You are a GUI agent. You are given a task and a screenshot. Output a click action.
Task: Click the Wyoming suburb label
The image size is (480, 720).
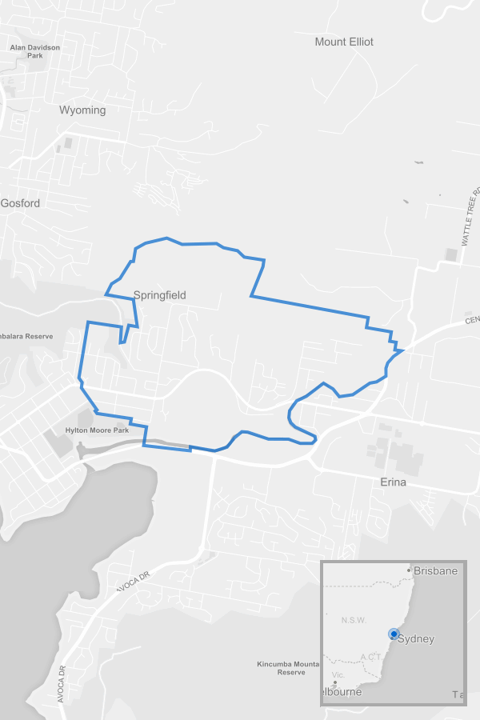82,110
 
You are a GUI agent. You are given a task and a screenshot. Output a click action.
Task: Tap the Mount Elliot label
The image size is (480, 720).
344,42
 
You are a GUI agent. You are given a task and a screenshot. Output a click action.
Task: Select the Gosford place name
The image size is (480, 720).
20,203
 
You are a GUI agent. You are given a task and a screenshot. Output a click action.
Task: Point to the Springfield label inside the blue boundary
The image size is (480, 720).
160,295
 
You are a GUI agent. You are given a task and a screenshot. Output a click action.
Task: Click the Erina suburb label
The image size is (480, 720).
393,482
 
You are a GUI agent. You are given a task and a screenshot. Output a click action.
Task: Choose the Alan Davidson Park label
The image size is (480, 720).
34,52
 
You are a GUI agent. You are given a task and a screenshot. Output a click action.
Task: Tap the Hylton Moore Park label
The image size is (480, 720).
98,430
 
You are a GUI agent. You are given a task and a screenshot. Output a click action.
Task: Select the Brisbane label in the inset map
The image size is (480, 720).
437,571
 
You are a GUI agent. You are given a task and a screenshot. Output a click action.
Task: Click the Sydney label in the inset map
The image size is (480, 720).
416,638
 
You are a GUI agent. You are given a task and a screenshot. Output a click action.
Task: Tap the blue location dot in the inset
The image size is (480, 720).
394,634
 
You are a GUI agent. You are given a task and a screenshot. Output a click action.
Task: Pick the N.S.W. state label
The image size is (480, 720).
353,620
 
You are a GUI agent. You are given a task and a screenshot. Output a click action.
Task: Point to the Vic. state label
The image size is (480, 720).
338,675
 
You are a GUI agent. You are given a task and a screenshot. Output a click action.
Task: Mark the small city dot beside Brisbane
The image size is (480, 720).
409,570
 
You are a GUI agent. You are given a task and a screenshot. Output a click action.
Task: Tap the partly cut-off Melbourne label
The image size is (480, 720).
342,692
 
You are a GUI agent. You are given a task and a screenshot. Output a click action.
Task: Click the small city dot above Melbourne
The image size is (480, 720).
335,683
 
